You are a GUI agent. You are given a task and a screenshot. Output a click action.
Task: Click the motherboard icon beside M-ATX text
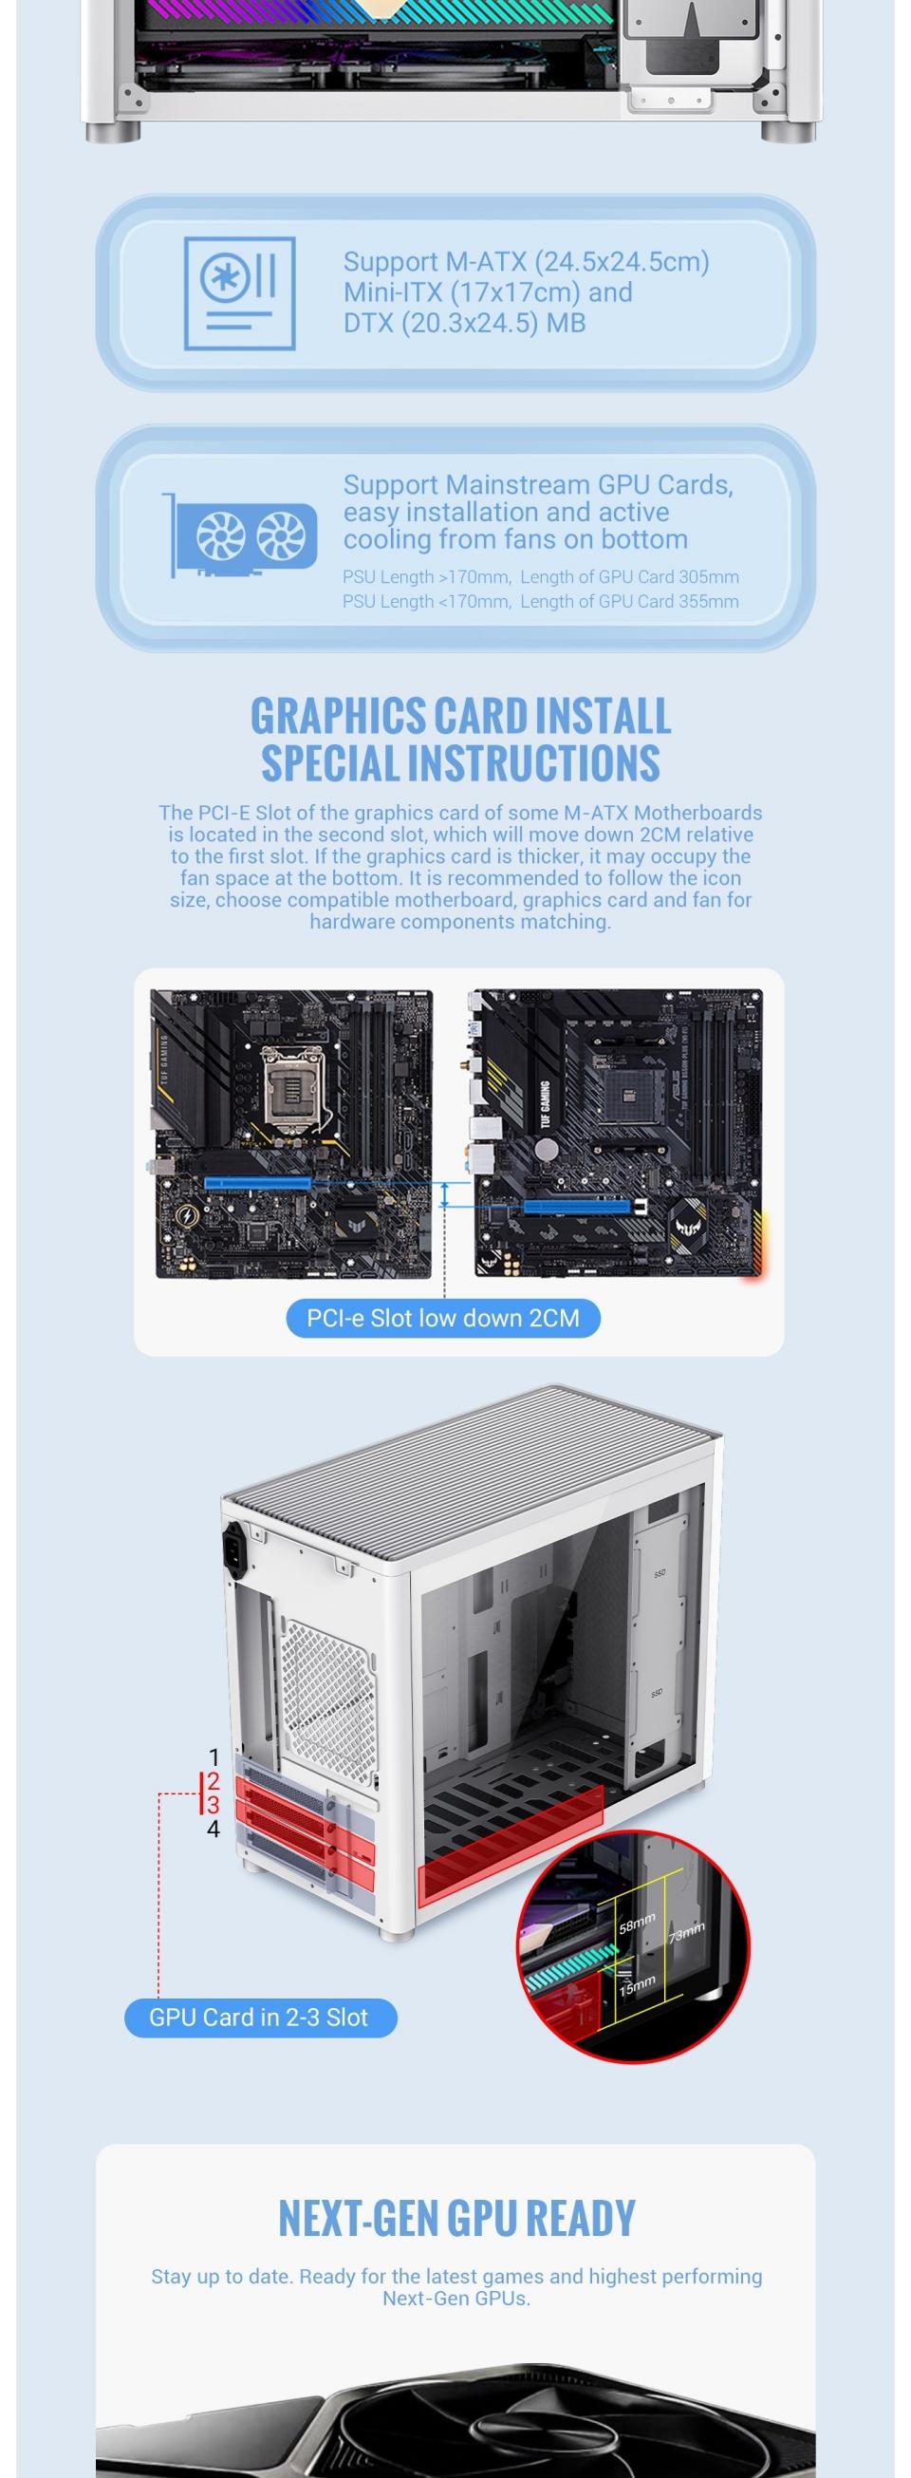point(239,292)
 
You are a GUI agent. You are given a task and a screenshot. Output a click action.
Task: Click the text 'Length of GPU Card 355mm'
point(629,601)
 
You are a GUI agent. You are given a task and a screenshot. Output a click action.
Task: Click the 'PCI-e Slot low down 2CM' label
point(442,1317)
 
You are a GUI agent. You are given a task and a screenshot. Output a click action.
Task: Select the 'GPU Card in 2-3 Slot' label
point(259,2017)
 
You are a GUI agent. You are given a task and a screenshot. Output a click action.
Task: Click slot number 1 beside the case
point(214,1756)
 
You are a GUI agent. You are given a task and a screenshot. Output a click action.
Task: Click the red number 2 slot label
point(214,1780)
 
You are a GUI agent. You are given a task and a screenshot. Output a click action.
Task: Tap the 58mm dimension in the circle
point(636,1923)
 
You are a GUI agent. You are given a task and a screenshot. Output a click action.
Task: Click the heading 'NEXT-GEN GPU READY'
point(456,2217)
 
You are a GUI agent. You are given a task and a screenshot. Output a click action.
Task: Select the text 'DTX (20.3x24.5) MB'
point(464,323)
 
